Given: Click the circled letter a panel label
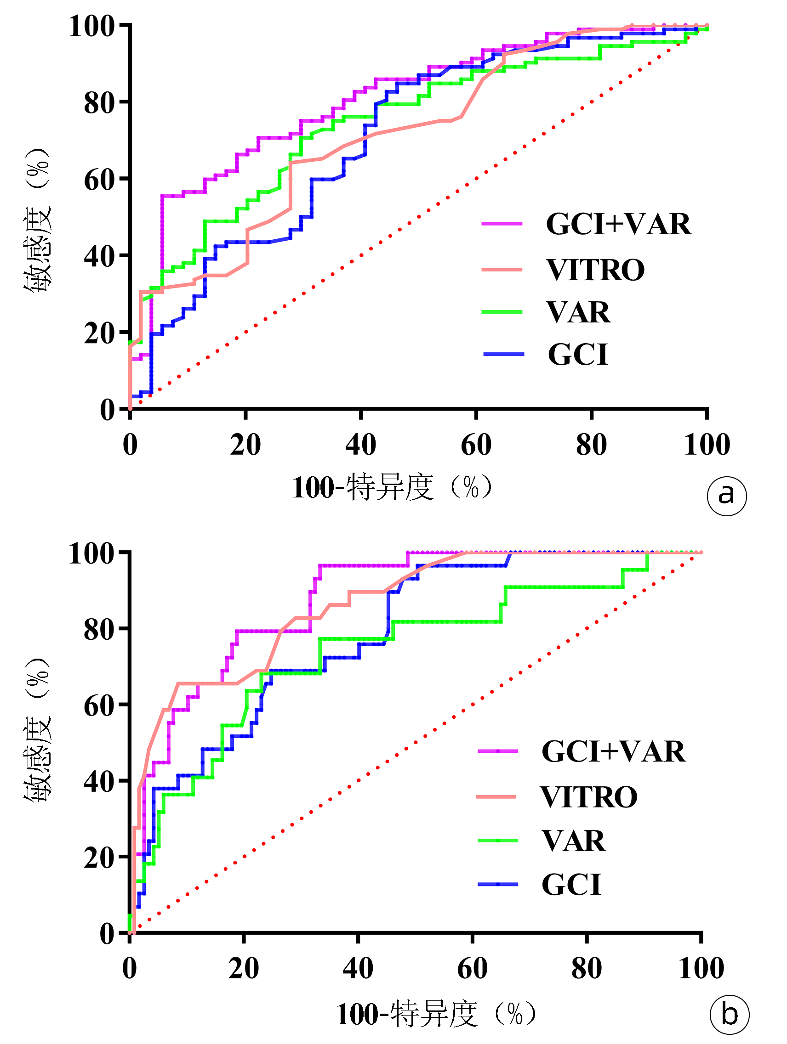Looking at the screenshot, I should (x=726, y=496).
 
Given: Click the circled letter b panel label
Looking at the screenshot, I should (x=730, y=1015).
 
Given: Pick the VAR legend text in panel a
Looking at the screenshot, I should (x=579, y=312).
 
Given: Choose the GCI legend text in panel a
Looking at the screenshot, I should (x=578, y=355).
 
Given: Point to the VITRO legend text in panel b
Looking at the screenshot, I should (x=589, y=797).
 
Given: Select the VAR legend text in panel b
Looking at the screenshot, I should (x=574, y=841).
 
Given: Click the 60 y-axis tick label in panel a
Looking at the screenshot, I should (x=100, y=179).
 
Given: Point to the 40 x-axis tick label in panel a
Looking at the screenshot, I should (x=360, y=444).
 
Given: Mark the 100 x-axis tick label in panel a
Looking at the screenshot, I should (x=707, y=444).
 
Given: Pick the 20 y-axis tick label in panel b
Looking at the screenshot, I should (x=100, y=857).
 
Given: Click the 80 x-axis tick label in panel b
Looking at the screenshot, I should (x=586, y=969).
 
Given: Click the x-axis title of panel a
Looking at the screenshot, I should (x=392, y=487).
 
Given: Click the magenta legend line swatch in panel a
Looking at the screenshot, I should (x=502, y=223).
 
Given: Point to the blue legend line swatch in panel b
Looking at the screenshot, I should (x=498, y=884).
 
